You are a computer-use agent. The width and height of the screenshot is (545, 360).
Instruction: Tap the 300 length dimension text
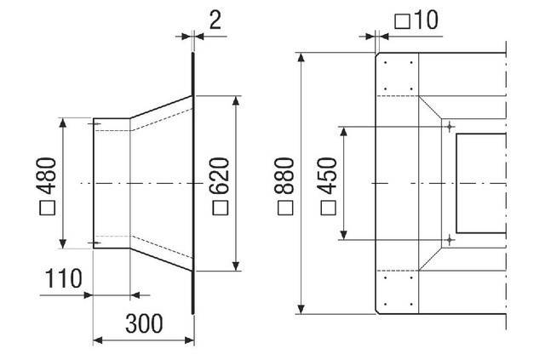pyautogui.click(x=142, y=323)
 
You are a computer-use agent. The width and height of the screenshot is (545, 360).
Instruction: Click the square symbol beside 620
pyautogui.click(x=220, y=207)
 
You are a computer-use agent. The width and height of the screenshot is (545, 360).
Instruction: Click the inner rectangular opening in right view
pyautogui.click(x=479, y=183)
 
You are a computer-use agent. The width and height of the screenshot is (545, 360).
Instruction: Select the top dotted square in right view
pyautogui.click(x=398, y=76)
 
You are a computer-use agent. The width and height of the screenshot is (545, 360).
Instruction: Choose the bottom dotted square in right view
pyautogui.click(x=398, y=291)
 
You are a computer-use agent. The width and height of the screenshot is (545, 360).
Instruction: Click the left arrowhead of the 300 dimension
pyautogui.click(x=95, y=340)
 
